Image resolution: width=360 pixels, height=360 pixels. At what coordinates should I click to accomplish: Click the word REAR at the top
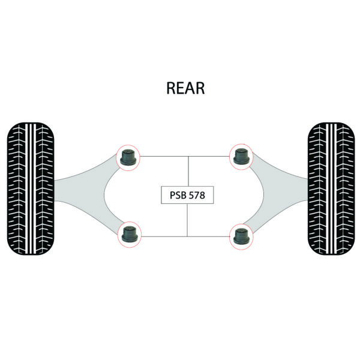click(x=185, y=88)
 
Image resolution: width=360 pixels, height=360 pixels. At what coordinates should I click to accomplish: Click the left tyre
click(x=31, y=181)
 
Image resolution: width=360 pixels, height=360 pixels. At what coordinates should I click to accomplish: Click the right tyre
click(x=329, y=181)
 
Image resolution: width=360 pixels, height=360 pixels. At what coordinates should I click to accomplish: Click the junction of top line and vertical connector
click(x=188, y=157)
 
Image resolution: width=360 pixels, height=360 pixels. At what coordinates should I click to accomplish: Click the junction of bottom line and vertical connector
click(x=188, y=235)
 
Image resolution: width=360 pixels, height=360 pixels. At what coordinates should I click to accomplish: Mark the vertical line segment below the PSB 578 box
click(x=188, y=219)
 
